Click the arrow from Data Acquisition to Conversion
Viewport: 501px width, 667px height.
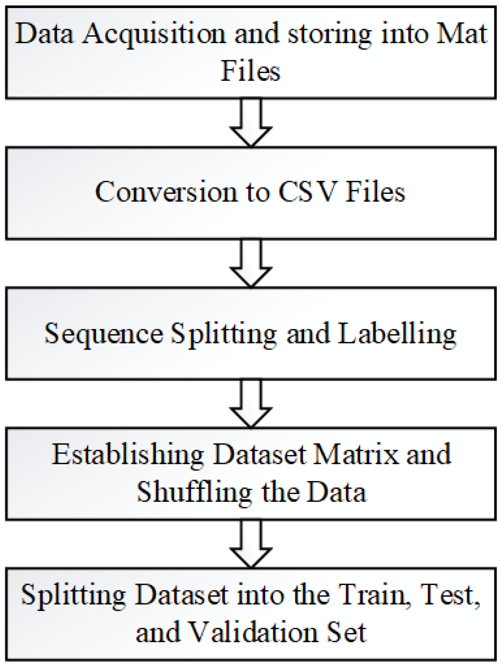pyautogui.click(x=251, y=122)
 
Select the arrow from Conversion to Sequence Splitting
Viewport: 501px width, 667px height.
pyautogui.click(x=251, y=263)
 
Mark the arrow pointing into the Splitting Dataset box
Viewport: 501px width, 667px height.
pyautogui.click(x=251, y=544)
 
